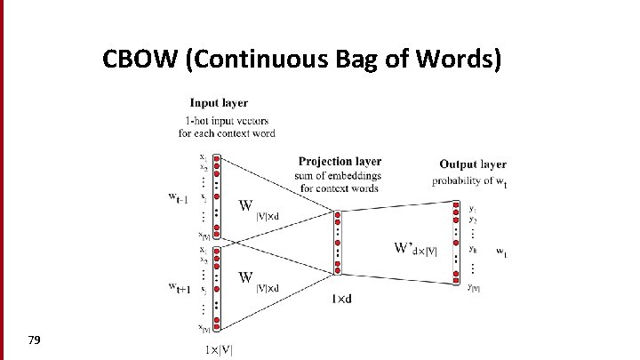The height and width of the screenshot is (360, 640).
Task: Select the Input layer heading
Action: pos(219,103)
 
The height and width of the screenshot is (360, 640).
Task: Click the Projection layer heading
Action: pos(340,161)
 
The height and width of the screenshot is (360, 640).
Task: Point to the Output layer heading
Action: pos(473,164)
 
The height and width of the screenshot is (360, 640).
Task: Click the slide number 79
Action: pos(36,340)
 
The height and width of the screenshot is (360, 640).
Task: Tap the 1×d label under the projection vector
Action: pos(340,300)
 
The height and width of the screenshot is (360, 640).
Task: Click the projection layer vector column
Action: pos(337,243)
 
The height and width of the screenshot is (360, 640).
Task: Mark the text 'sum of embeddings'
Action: pos(340,175)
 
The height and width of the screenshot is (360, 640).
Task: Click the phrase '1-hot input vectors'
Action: pos(227,120)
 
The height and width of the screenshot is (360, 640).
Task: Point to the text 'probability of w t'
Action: pos(470,181)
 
